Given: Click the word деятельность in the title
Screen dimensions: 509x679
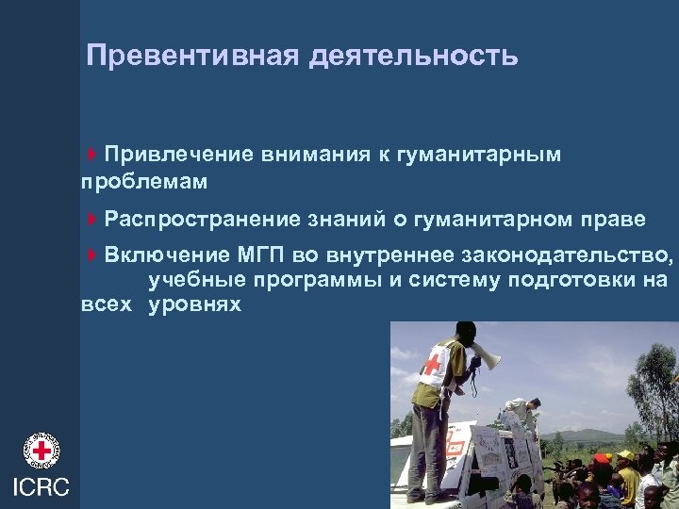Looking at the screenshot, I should point(412,56).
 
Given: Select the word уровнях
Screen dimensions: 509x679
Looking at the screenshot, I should point(194,304).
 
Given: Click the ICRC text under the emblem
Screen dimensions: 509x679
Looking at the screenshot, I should point(40,486).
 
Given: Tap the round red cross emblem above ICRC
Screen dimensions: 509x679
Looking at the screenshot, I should point(41,451).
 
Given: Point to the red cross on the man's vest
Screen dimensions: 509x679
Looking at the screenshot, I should point(436,364).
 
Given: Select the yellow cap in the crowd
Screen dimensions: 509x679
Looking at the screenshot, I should point(626,456).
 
